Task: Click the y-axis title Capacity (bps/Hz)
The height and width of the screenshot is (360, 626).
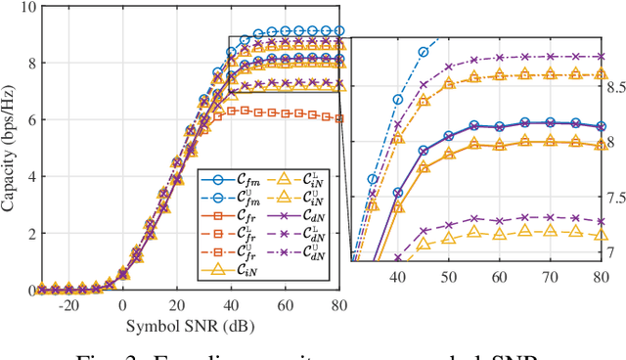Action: (13, 147)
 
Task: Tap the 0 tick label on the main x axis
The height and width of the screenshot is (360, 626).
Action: (122, 304)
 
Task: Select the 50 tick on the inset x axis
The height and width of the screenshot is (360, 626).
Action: (448, 277)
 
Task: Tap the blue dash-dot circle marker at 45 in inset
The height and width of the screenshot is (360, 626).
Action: (424, 52)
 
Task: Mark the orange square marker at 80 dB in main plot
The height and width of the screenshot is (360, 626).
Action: (338, 118)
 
